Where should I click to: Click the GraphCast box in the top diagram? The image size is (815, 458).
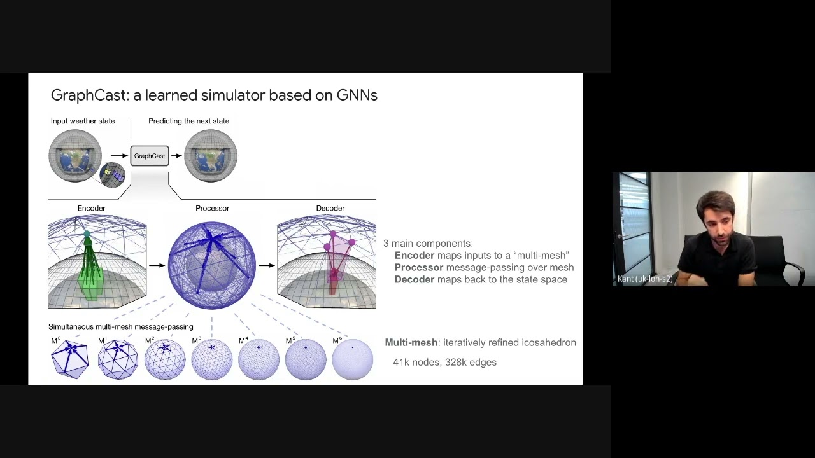[150, 156]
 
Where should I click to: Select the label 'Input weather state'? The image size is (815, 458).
[83, 121]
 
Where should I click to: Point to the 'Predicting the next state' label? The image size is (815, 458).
[188, 121]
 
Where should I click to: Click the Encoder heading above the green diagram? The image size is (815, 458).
[91, 208]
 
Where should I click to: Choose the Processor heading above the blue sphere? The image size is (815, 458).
[212, 208]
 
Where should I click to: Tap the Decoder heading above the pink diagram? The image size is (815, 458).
[330, 208]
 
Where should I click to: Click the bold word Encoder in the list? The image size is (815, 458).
[414, 255]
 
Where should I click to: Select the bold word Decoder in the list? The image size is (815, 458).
[414, 279]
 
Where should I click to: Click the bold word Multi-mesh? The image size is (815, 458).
[411, 342]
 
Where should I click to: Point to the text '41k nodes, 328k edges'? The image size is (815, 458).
[444, 362]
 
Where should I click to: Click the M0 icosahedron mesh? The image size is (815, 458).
[69, 359]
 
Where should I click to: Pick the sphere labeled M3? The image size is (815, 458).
[212, 359]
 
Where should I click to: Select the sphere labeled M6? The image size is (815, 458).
[353, 359]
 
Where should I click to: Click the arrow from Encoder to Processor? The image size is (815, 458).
[157, 265]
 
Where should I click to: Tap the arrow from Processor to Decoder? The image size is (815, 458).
[267, 265]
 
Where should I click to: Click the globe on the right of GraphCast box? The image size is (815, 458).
[211, 156]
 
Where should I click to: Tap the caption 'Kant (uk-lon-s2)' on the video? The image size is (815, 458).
[645, 279]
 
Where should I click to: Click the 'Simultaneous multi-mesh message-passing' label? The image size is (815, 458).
[120, 326]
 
